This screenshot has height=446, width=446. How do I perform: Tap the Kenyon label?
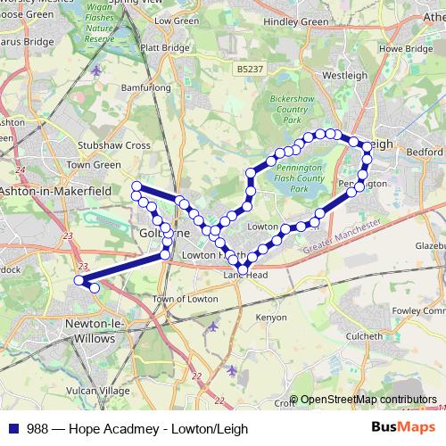click(272, 317)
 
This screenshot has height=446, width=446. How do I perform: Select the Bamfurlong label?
click(146, 88)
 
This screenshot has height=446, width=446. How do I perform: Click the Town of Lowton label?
click(186, 299)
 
